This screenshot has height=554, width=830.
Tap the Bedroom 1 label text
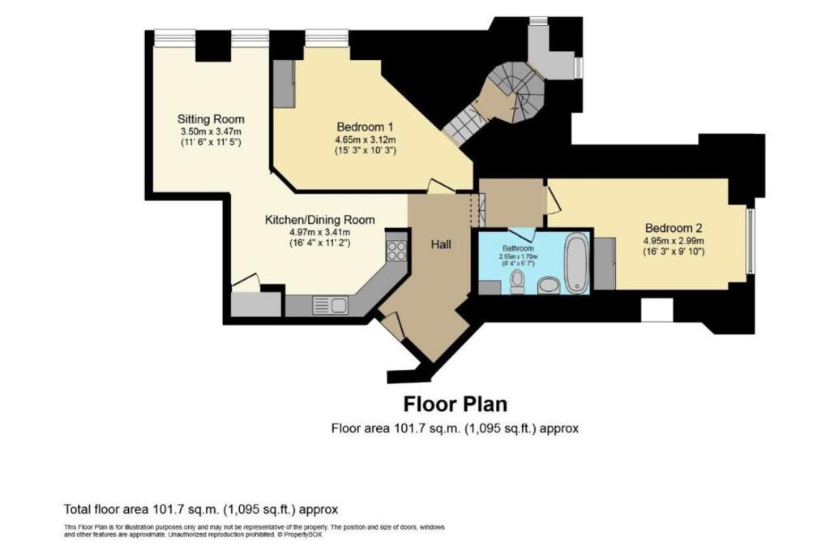pos(365,127)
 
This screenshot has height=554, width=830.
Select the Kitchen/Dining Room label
pos(320,219)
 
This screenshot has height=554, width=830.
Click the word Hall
pos(441,243)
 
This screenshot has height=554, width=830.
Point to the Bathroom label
pos(516,247)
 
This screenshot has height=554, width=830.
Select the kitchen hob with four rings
pos(396,251)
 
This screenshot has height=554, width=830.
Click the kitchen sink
pos(332,305)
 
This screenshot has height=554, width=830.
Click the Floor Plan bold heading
pos(456,404)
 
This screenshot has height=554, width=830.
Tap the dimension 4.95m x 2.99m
pos(674,241)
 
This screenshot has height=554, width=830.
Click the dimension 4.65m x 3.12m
pos(365,140)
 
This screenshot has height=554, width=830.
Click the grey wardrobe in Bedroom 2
pos(605,263)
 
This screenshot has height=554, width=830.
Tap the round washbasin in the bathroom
pos(549,285)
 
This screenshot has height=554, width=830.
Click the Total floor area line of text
pos(201,509)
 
